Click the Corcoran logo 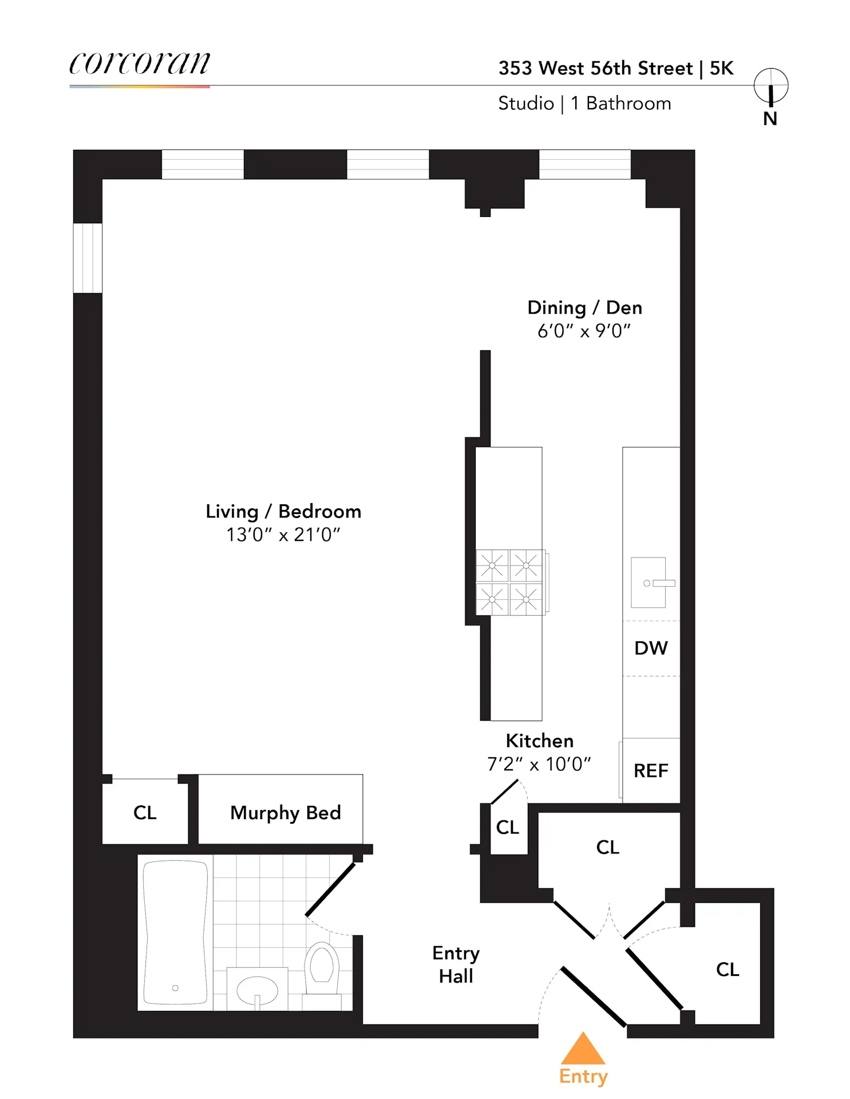[x=139, y=63]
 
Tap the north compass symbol [x=770, y=86]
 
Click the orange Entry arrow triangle [x=583, y=1050]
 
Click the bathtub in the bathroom [x=175, y=932]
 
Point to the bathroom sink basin [x=257, y=990]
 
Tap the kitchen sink [x=649, y=583]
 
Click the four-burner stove [x=509, y=583]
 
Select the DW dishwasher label [x=651, y=648]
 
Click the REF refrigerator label [x=651, y=770]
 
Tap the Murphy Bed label [x=285, y=812]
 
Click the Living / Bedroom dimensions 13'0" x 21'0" [x=283, y=535]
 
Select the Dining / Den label [x=584, y=307]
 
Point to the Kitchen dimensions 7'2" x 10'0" [x=539, y=764]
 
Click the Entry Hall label [x=456, y=964]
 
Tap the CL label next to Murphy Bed [x=145, y=812]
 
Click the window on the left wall [x=88, y=258]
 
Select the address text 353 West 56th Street [x=595, y=68]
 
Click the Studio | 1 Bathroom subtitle [x=584, y=104]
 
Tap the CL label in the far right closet [x=728, y=969]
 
